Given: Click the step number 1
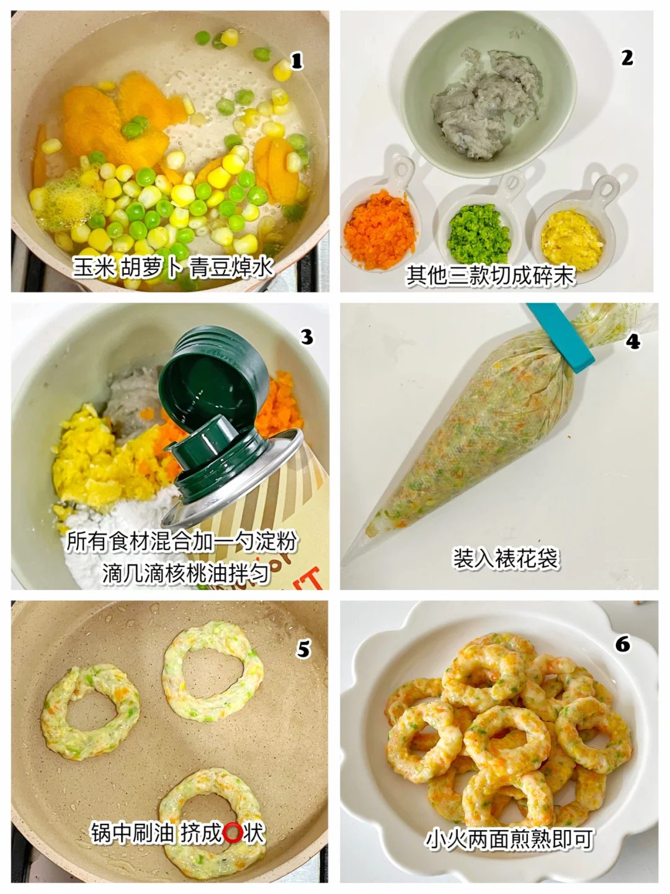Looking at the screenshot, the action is tap(297, 61).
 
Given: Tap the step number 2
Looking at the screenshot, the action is tap(627, 58).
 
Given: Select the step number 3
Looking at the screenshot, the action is tap(306, 337).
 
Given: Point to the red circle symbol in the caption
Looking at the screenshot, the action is tap(233, 833).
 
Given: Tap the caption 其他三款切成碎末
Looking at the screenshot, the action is tap(490, 275).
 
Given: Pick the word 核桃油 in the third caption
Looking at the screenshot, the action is tap(207, 574).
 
